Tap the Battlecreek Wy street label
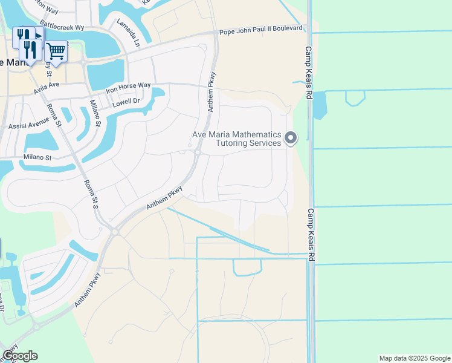[62, 27]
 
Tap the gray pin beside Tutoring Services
[291, 138]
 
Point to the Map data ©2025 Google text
[414, 358]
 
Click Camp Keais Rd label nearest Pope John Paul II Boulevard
[309, 73]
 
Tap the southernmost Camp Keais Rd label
[311, 236]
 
